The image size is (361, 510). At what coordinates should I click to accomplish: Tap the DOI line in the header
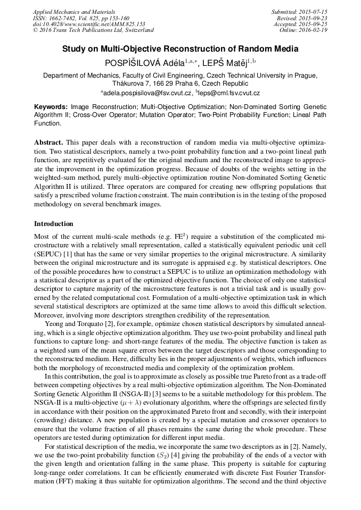coord(89,24)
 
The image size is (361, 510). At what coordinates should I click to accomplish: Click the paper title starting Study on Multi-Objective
coord(180,49)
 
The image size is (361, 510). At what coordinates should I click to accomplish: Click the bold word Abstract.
coord(48,144)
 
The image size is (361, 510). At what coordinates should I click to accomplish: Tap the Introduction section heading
coord(54,224)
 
